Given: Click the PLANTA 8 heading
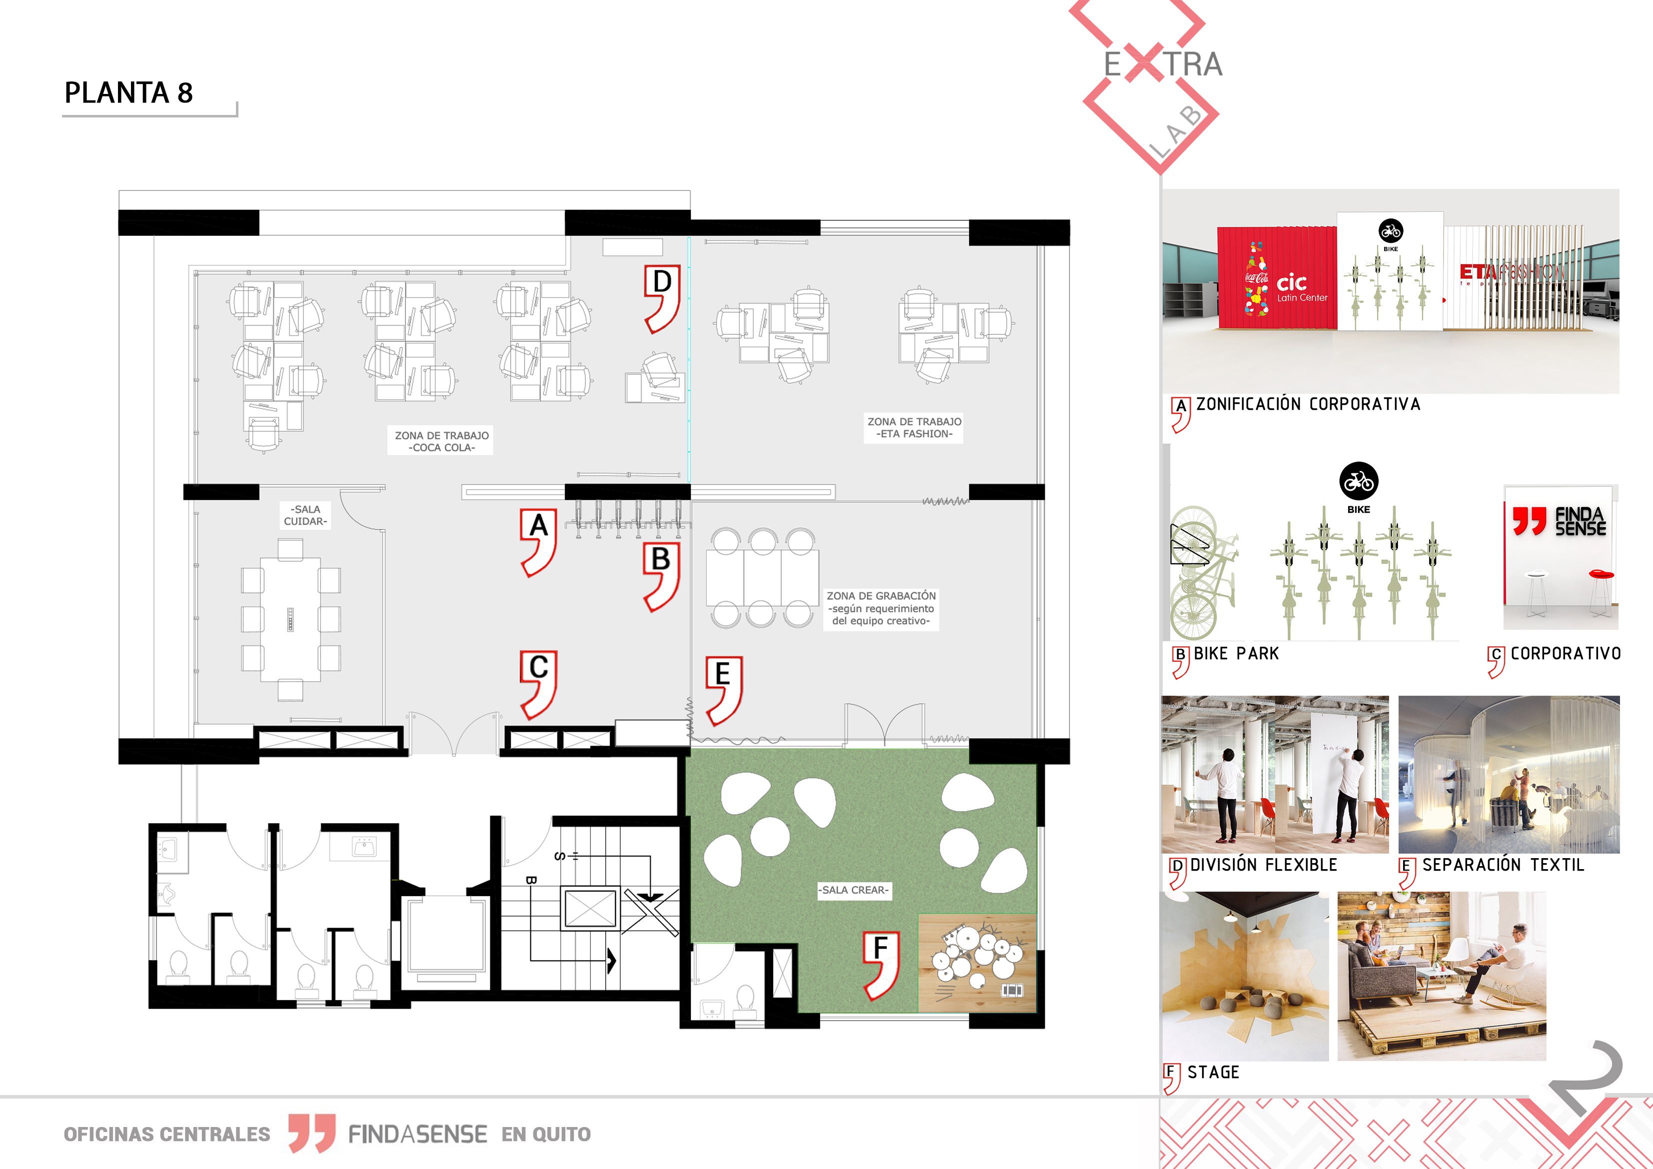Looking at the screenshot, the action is pyautogui.click(x=129, y=93).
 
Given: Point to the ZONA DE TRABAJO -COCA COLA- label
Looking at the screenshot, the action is pyautogui.click(x=442, y=441).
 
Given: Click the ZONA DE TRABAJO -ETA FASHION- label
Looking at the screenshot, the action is pyautogui.click(x=914, y=428).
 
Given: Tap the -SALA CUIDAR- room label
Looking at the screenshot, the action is pyautogui.click(x=306, y=515).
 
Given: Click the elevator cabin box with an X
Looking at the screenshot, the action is pyautogui.click(x=590, y=909).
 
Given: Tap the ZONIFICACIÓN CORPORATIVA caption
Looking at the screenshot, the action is pyautogui.click(x=1308, y=404).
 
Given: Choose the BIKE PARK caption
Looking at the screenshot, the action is pyautogui.click(x=1236, y=654).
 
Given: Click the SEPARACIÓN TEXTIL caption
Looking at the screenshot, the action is pyautogui.click(x=1503, y=865).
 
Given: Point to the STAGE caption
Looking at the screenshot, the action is pyautogui.click(x=1213, y=1073).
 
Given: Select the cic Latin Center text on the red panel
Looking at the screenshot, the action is pyautogui.click(x=1302, y=288).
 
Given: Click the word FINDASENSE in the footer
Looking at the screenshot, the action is pyautogui.click(x=417, y=1135).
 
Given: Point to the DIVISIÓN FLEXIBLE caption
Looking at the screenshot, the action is pyautogui.click(x=1264, y=865).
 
